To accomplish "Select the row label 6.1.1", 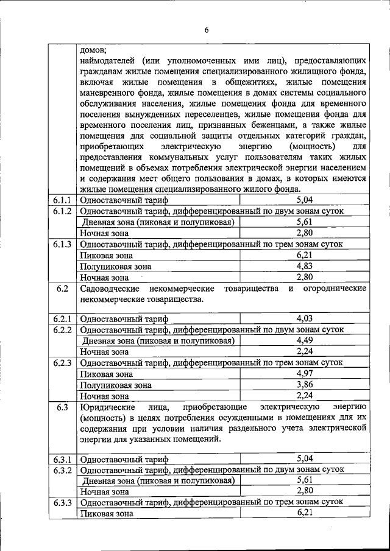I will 62,200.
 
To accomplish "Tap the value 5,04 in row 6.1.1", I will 304,200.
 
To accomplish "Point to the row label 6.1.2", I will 62,211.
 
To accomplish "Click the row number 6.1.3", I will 62,245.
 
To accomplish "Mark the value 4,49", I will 304,340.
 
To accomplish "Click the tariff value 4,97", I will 304,373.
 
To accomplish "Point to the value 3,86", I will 304,385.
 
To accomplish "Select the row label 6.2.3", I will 62,363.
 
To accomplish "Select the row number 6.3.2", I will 62,470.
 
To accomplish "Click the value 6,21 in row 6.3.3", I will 304,514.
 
